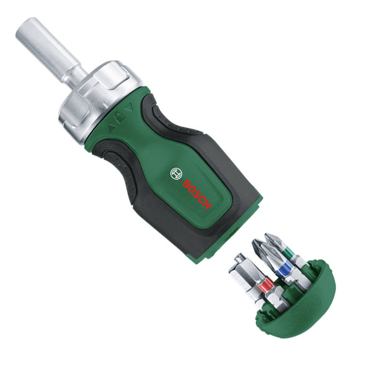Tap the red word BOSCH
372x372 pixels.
coord(197,193)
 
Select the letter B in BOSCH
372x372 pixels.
coord(187,183)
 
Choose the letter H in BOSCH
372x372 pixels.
coord(208,203)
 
